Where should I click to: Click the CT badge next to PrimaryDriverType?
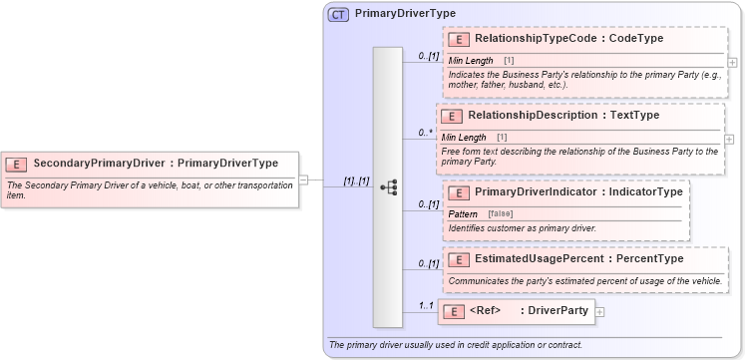click(338, 15)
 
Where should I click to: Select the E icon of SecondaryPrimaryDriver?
click(17, 163)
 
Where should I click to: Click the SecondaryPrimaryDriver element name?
click(156, 163)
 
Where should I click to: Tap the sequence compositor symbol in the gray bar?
click(390, 186)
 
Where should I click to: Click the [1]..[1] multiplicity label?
click(356, 181)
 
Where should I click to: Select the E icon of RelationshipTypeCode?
click(459, 39)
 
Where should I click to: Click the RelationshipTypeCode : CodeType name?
click(568, 39)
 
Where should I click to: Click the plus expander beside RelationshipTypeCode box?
click(733, 62)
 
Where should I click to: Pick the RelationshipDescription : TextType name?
click(563, 116)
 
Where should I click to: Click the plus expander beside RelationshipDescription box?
click(728, 138)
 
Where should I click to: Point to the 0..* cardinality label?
click(426, 133)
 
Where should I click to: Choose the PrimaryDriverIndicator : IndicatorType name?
click(578, 190)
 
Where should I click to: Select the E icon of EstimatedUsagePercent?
click(459, 259)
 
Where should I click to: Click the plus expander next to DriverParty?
click(599, 312)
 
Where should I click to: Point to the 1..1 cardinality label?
click(426, 306)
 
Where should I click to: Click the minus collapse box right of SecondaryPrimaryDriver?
click(303, 180)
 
